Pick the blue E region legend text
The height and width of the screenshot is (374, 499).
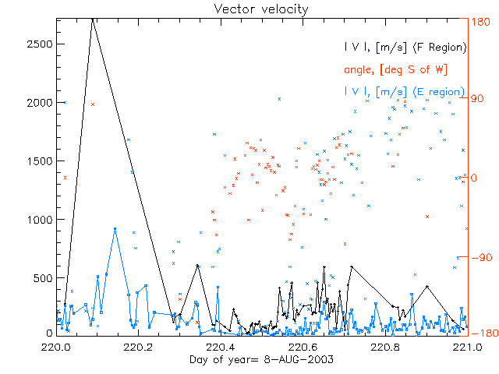(x=405, y=91)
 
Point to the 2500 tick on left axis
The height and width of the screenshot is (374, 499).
(x=38, y=44)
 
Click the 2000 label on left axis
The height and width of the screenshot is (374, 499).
(x=38, y=102)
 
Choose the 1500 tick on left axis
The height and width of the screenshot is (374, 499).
(x=38, y=161)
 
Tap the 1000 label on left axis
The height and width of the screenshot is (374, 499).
(x=38, y=219)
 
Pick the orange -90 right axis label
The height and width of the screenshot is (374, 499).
(x=482, y=256)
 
